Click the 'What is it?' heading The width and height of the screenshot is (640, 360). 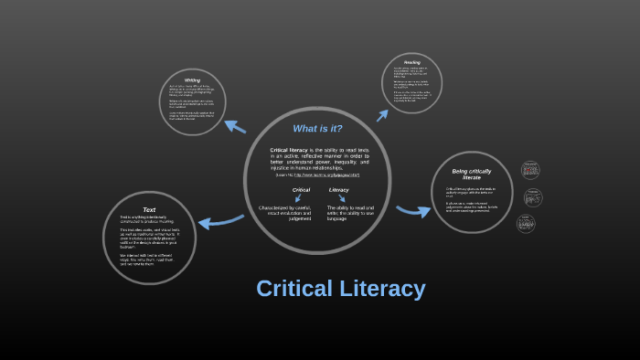click(317, 129)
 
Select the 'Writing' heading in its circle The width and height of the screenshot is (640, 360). click(192, 79)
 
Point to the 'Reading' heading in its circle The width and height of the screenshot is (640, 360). click(411, 62)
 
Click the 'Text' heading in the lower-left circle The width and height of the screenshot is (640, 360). click(149, 209)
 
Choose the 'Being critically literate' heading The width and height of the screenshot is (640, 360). click(472, 174)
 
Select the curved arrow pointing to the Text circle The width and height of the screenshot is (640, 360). click(220, 221)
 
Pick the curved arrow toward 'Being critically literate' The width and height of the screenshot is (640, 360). click(413, 211)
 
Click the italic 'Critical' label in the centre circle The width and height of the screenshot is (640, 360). click(301, 190)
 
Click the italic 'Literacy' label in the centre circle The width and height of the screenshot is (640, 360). click(338, 190)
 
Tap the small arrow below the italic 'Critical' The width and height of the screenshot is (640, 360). click(298, 198)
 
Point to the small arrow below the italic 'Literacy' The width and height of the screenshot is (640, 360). click(342, 198)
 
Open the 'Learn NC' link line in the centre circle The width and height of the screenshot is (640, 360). click(317, 175)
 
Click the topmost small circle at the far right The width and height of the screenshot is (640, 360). click(530, 170)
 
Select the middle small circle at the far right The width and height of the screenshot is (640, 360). click(533, 197)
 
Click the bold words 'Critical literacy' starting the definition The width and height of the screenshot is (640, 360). click(288, 150)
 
